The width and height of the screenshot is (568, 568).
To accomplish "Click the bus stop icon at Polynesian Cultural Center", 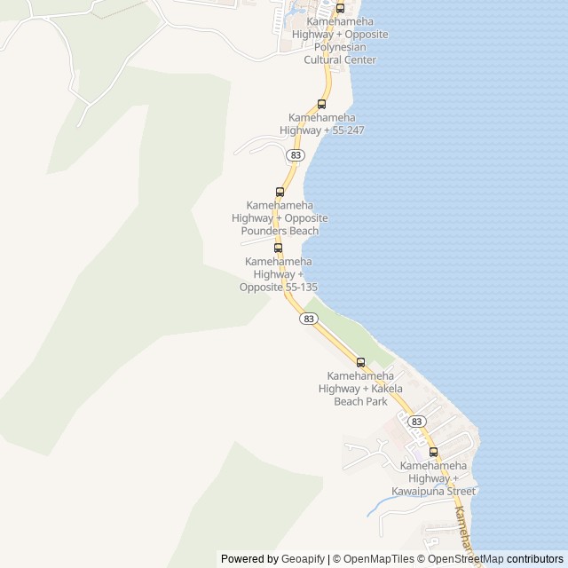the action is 340,9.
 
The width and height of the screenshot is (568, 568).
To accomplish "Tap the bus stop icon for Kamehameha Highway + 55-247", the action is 321,104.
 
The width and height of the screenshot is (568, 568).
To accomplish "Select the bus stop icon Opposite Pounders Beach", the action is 280,192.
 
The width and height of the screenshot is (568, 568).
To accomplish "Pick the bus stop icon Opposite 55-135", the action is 278,248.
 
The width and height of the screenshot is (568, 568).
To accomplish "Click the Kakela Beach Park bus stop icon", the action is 360,362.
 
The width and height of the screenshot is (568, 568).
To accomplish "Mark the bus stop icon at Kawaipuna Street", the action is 433,452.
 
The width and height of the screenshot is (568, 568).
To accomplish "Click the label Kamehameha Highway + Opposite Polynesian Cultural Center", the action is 345,40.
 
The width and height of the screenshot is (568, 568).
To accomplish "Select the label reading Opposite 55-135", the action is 278,274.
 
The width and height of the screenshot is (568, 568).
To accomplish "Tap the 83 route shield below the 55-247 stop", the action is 296,154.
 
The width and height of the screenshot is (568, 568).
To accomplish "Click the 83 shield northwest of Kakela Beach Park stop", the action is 308,318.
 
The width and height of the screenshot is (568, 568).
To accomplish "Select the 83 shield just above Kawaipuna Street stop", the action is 416,422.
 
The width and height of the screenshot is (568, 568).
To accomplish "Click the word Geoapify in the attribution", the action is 304,559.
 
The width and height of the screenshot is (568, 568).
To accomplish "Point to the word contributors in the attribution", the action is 535,559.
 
